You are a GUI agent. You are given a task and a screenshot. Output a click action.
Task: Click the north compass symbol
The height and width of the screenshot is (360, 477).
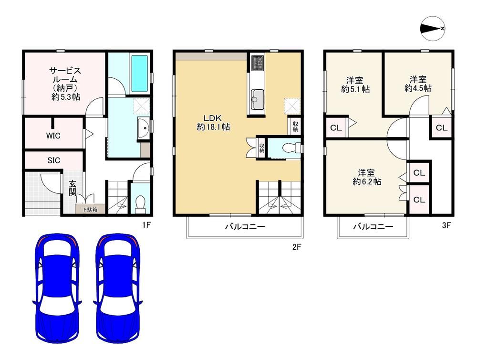(x=433, y=29)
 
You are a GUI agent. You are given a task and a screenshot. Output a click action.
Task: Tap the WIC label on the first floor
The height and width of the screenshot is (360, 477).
(x=53, y=136)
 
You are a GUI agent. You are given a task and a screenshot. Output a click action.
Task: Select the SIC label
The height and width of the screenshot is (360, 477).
(x=53, y=160)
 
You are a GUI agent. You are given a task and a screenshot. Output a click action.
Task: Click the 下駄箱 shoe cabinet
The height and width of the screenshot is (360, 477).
(x=90, y=209)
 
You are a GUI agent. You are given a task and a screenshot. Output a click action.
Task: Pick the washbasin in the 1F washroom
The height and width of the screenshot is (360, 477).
(x=143, y=128)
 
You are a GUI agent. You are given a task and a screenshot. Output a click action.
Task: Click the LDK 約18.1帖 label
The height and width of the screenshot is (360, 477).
(x=213, y=122)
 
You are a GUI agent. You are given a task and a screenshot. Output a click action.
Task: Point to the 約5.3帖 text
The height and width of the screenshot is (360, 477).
(x=66, y=97)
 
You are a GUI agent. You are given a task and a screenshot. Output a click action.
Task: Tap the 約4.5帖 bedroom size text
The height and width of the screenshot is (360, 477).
(x=418, y=88)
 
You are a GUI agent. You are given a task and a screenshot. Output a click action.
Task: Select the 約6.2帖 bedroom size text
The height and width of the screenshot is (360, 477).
(x=367, y=181)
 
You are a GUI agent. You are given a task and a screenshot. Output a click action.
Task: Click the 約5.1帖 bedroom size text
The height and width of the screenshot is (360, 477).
(x=355, y=89)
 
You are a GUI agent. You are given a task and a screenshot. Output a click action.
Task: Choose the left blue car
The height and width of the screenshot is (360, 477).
(x=57, y=288)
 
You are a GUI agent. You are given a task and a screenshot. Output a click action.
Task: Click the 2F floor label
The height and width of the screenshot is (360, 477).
(x=297, y=247)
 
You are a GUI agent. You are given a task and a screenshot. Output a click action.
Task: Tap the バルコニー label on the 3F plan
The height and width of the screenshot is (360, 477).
(x=373, y=227)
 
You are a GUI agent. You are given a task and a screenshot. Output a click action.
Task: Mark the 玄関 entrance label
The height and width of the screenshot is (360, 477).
(x=73, y=188)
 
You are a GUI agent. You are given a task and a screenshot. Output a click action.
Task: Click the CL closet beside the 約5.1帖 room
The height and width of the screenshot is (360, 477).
(x=336, y=128)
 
